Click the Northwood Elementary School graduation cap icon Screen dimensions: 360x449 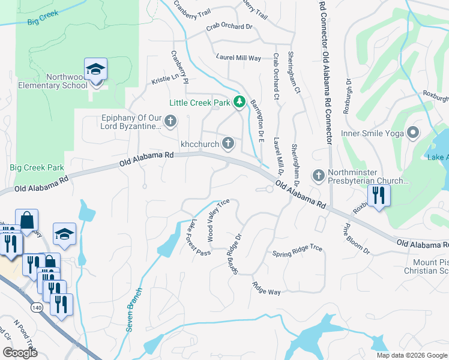tap(95, 70)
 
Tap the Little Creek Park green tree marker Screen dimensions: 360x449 tap(240, 103)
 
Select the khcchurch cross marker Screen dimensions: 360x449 tap(228, 143)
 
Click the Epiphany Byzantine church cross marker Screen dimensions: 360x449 tap(170, 122)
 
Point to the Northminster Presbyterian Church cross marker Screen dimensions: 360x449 tap(319, 175)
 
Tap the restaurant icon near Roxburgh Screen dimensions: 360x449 tap(379, 196)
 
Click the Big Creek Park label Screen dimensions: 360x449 tap(37, 167)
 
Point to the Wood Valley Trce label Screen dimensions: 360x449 tap(218, 220)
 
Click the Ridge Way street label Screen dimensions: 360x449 tap(267, 288)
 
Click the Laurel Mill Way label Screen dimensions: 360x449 tap(238, 58)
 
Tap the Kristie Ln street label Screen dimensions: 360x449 tap(165, 78)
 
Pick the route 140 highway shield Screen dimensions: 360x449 tap(38, 307)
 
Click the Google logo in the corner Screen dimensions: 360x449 tap(20, 353)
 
